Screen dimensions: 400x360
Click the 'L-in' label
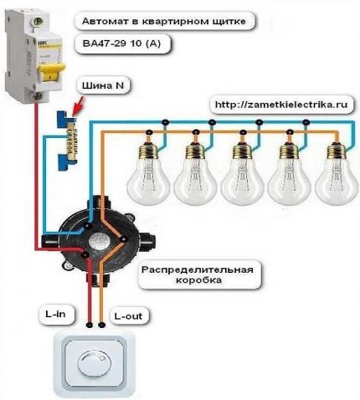tap(57, 314)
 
